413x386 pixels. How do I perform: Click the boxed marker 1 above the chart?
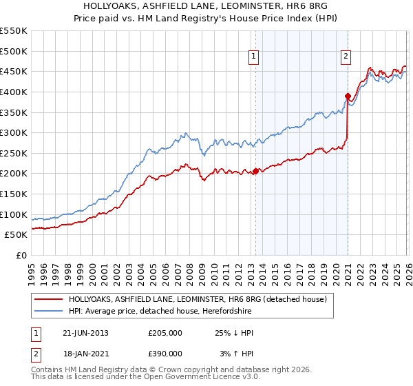[x=254, y=57]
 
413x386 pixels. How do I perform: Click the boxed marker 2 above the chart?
[x=345, y=57]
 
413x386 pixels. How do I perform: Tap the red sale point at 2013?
[x=255, y=171]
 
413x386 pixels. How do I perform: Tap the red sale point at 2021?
[x=348, y=96]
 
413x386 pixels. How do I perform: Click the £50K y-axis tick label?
[x=16, y=235]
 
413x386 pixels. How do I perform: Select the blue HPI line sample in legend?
[x=50, y=312]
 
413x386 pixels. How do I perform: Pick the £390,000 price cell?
[x=165, y=353]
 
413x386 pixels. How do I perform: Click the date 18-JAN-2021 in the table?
[x=85, y=353]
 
